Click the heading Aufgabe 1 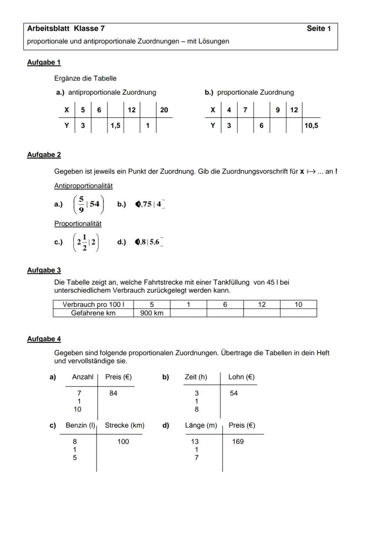(x=44, y=62)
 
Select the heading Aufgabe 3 (x=44, y=270)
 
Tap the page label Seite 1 (x=319, y=29)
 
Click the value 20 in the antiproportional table (x=164, y=110)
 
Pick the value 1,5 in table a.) (x=115, y=125)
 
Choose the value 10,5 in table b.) (x=311, y=125)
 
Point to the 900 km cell (x=152, y=313)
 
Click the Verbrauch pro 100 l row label (x=93, y=304)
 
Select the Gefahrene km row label (x=93, y=313)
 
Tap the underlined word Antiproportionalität (x=83, y=186)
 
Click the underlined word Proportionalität (x=78, y=224)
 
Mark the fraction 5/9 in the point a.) (x=81, y=204)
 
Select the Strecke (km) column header (x=125, y=425)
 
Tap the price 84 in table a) (x=113, y=393)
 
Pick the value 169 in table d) (x=238, y=442)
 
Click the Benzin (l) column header (x=80, y=425)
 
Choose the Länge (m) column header (x=201, y=425)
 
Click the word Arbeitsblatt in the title (x=48, y=29)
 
